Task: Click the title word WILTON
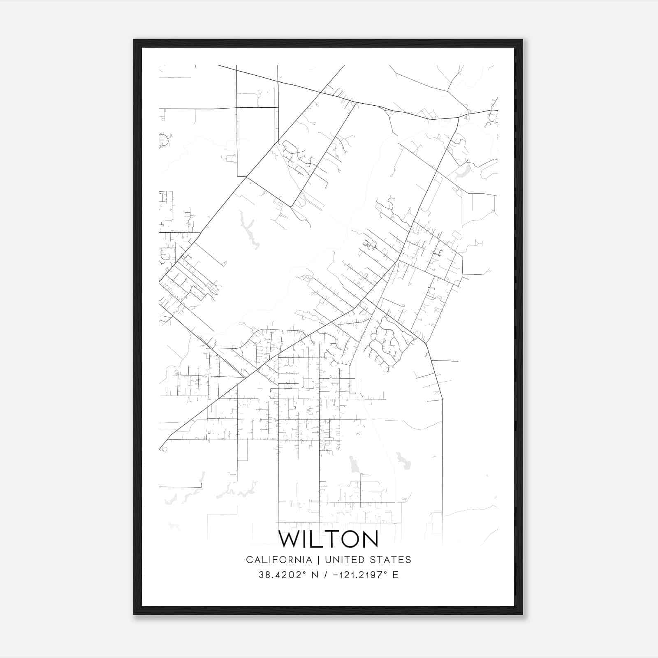[x=328, y=539]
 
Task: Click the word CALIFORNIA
[x=279, y=560]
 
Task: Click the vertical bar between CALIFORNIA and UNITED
[x=318, y=560]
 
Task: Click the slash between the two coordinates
[x=325, y=575]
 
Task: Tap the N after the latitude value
[x=315, y=575]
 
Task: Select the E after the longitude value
[x=396, y=575]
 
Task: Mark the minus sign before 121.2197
[x=335, y=575]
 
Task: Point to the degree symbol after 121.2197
[x=385, y=572]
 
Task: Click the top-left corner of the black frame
[x=134, y=40]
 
